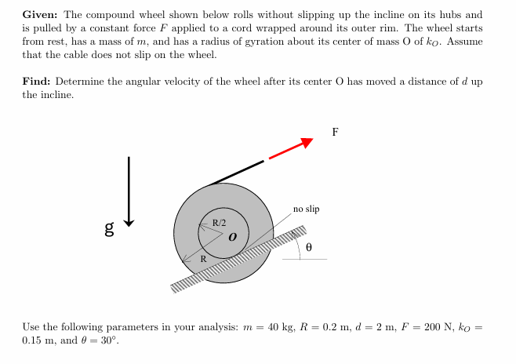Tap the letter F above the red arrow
(x=335, y=132)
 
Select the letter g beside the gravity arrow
(x=110, y=229)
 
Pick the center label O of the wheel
(x=233, y=235)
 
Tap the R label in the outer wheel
(x=203, y=258)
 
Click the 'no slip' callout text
(x=306, y=209)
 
